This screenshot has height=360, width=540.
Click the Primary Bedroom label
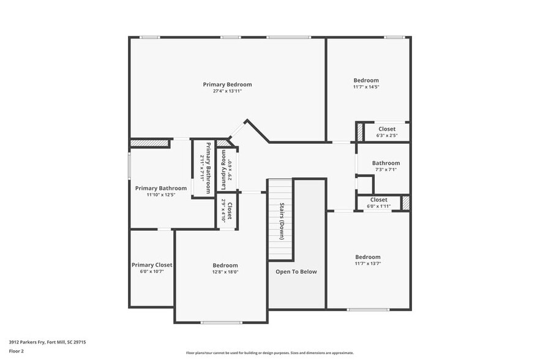[227, 84]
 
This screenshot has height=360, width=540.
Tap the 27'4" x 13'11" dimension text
[227, 91]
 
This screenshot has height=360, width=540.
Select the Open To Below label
[296, 271]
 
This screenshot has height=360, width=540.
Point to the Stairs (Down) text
[282, 220]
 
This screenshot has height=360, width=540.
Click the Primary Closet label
[152, 265]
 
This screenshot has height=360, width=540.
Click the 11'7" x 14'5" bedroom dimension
[366, 87]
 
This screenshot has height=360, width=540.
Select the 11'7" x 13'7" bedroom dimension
[367, 264]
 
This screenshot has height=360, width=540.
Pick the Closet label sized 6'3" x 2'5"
[386, 129]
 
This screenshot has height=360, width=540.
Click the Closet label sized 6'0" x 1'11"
[378, 200]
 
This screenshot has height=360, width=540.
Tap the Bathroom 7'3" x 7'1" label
[386, 163]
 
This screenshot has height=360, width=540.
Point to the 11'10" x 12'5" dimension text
[161, 195]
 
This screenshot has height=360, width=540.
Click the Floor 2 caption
[16, 351]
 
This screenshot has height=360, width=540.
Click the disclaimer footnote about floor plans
[269, 353]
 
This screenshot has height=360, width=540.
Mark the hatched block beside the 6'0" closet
[405, 203]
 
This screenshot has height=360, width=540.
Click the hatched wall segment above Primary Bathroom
[149, 143]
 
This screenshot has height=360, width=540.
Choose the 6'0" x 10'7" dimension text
[152, 272]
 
